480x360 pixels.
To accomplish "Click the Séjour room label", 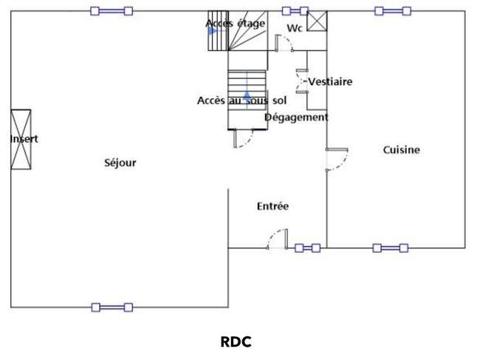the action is pyautogui.click(x=120, y=163).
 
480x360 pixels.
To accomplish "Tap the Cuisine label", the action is pyautogui.click(x=401, y=150).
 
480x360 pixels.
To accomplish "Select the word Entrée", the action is pyautogui.click(x=272, y=206).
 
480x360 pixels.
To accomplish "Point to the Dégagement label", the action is pyautogui.click(x=296, y=118).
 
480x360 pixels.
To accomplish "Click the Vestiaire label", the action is pyautogui.click(x=330, y=81).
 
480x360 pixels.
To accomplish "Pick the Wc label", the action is pyautogui.click(x=295, y=28).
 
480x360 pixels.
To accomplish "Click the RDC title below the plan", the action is pyautogui.click(x=236, y=342).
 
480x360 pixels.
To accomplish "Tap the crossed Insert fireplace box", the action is pyautogui.click(x=21, y=140).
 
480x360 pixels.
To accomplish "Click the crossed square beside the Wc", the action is pyautogui.click(x=317, y=21).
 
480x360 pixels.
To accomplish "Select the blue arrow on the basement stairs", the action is pyautogui.click(x=247, y=98).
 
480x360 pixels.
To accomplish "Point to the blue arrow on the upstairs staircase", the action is pyautogui.click(x=211, y=31).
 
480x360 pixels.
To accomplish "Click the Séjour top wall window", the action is pyautogui.click(x=112, y=11).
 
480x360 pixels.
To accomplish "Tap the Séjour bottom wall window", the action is pyautogui.click(x=112, y=308).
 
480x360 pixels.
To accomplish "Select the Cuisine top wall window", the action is pyautogui.click(x=393, y=11).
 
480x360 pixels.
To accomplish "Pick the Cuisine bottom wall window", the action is pyautogui.click(x=391, y=248).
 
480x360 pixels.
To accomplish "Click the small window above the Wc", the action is pyautogui.click(x=295, y=11).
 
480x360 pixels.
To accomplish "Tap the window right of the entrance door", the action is pyautogui.click(x=308, y=248).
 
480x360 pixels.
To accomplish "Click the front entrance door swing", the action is pyautogui.click(x=278, y=239).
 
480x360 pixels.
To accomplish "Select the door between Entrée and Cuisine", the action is pyautogui.click(x=337, y=159).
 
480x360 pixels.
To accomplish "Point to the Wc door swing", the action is pyautogui.click(x=285, y=43).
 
